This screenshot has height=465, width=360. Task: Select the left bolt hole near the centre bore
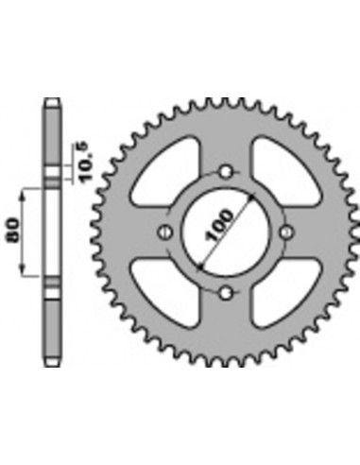(164, 232)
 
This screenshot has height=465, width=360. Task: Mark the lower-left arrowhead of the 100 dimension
(198, 266)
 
